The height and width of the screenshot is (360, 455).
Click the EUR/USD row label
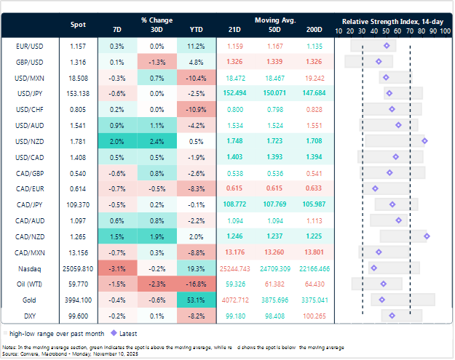pyautogui.click(x=27, y=46)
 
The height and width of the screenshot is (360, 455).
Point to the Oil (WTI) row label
pyautogui.click(x=27, y=283)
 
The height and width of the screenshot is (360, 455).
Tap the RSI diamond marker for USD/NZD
pyautogui.click(x=424, y=140)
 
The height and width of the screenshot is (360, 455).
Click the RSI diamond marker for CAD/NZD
pyautogui.click(x=427, y=236)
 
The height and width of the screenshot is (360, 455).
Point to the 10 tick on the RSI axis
pyautogui.click(x=339, y=31)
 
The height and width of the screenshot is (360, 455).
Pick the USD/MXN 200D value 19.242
pyautogui.click(x=314, y=77)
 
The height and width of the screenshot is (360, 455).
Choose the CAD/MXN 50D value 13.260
pyautogui.click(x=275, y=252)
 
